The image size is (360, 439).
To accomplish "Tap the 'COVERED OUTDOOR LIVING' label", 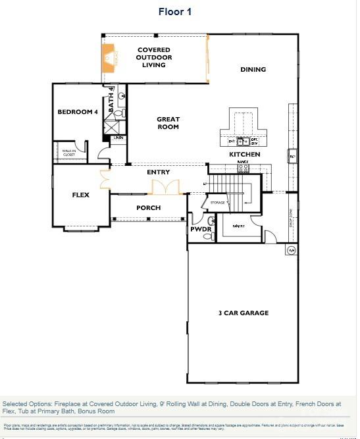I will click(154, 57).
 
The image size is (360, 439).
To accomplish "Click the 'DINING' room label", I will click(253, 70).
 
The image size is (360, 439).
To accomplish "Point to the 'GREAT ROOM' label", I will click(168, 123).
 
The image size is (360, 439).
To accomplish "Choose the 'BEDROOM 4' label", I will click(77, 112).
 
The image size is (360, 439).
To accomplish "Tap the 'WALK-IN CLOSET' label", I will click(69, 153).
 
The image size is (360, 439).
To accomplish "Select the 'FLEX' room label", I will click(80, 195).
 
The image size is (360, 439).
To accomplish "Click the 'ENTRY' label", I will click(159, 172).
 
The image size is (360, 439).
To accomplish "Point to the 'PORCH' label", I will click(148, 208).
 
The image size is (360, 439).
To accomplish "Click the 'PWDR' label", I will click(200, 229).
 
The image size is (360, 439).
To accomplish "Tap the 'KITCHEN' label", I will click(244, 155).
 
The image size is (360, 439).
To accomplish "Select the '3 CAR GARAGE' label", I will click(244, 313).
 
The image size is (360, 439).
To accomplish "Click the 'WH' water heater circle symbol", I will click(291, 250).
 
